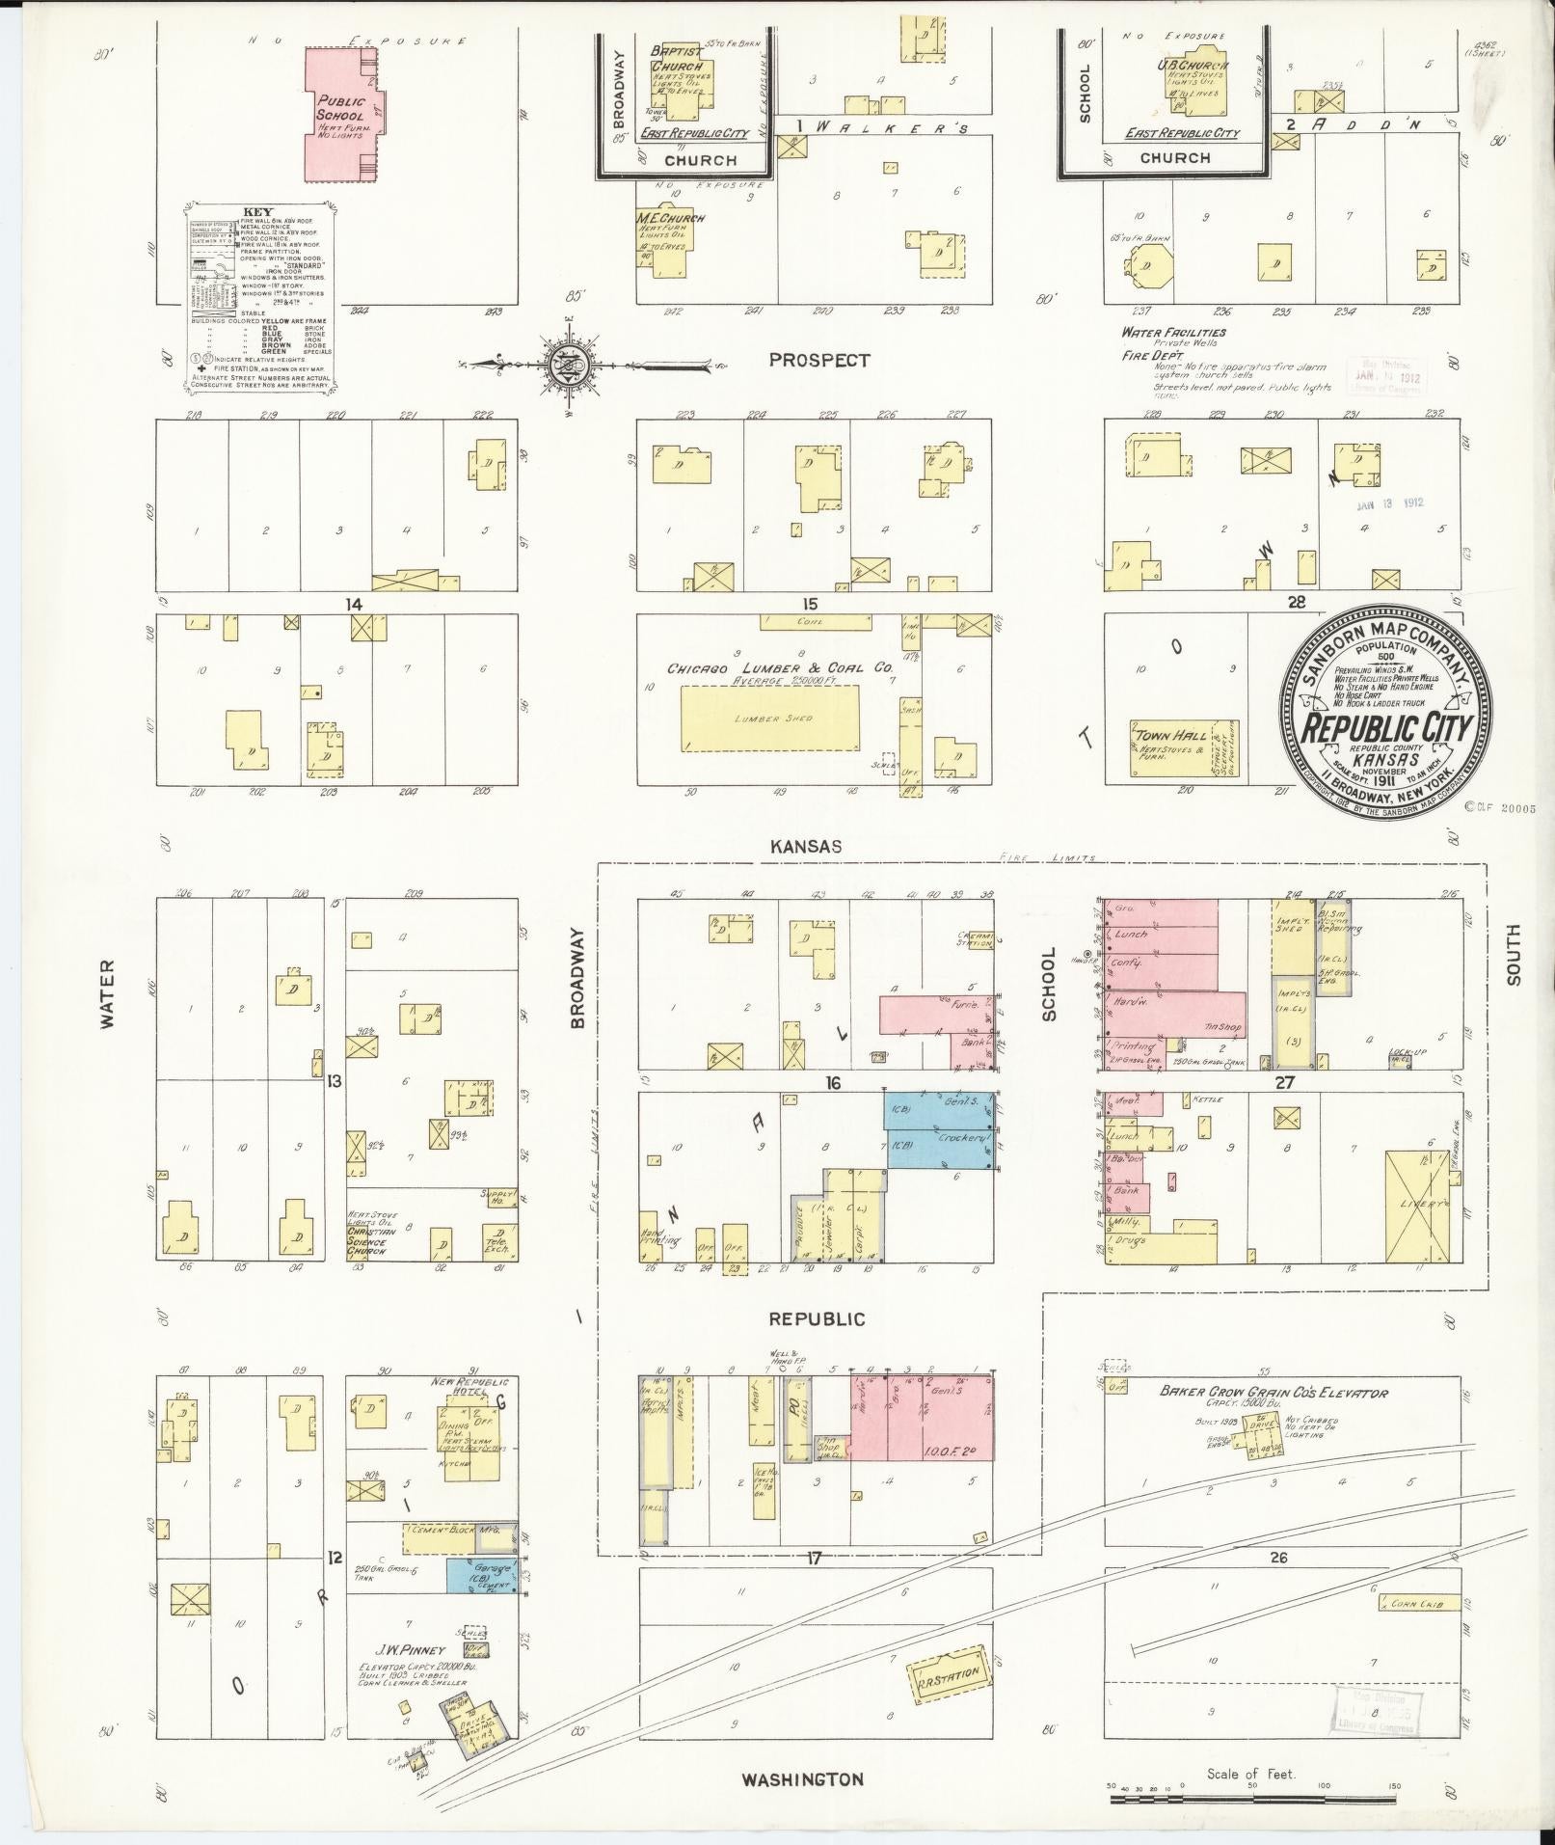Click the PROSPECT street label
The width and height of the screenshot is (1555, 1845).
click(819, 360)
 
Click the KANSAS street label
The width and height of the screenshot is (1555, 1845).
click(805, 846)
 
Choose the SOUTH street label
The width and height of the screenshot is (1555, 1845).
click(1513, 955)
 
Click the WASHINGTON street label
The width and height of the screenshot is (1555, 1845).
click(801, 1778)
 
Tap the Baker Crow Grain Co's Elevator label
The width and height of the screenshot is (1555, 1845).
click(1273, 1393)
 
